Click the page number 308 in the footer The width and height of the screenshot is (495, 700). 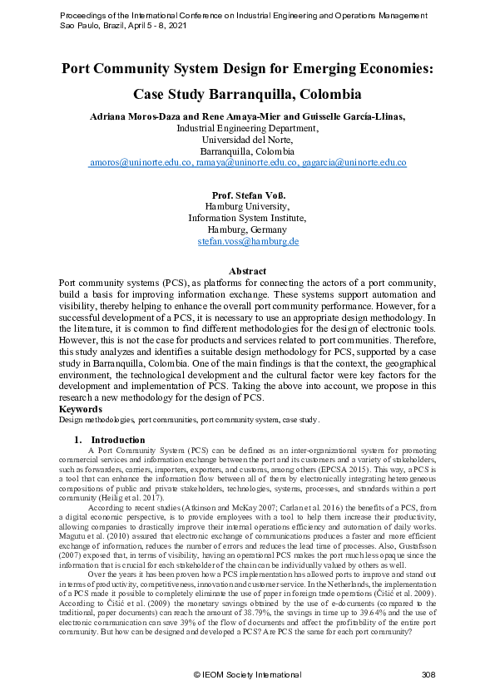(428, 675)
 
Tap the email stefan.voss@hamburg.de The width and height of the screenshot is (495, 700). (247, 241)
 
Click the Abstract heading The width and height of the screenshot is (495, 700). (247, 271)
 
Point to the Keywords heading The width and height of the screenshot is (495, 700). (82, 410)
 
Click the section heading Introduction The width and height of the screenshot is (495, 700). (117, 440)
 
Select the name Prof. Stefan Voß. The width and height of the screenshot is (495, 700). (247, 195)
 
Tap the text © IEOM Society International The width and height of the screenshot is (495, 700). (247, 675)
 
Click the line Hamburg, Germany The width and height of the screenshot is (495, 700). (247, 229)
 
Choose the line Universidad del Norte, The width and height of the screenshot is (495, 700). (247, 140)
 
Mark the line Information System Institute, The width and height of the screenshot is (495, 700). (247, 218)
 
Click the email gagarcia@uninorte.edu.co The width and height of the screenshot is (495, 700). (354, 163)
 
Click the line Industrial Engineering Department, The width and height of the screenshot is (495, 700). (247, 129)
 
